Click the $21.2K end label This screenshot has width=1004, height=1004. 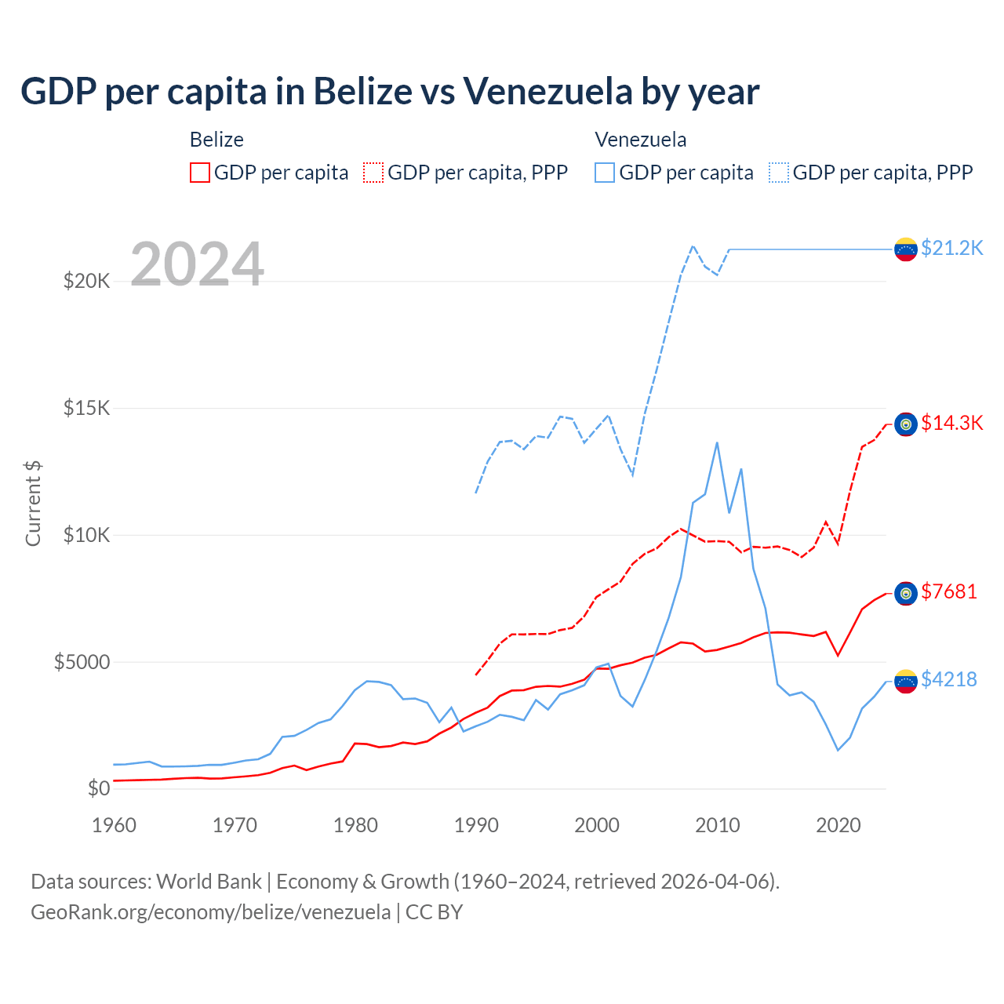point(951,248)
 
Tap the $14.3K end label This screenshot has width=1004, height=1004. point(951,423)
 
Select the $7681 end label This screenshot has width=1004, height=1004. point(949,591)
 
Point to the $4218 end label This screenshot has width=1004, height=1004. point(949,679)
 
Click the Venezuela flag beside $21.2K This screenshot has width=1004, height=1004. point(906,249)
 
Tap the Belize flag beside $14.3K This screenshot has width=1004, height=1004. point(906,424)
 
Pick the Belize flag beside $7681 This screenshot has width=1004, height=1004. point(906,593)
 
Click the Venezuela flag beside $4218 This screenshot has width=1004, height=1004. point(906,681)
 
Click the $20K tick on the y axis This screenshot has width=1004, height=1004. point(86,281)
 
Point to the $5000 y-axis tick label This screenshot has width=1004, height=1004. point(82,662)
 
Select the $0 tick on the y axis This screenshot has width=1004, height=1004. point(98,788)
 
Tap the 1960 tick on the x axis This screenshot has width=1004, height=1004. point(114,825)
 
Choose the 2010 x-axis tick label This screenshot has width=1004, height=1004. point(718,825)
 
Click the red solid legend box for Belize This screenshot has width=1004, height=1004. point(200,173)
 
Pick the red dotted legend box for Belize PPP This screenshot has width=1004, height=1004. point(373,173)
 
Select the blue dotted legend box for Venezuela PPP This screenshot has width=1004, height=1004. point(779,173)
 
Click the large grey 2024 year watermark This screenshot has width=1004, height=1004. point(197,264)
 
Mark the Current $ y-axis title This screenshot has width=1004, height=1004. point(33,504)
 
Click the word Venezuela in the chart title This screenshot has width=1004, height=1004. point(547,91)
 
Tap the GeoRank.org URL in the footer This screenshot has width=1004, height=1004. point(210,912)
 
